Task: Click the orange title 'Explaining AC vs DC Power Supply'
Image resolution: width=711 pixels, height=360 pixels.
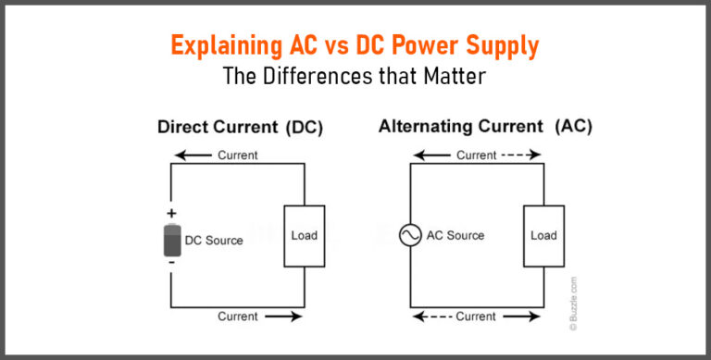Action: (355, 46)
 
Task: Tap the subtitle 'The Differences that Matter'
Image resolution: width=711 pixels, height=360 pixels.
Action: (355, 76)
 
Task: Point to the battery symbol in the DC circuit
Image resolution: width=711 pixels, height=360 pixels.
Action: (171, 240)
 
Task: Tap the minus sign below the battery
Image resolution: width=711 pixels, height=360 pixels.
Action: (171, 265)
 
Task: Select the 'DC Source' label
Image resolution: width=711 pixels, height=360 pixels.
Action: (214, 241)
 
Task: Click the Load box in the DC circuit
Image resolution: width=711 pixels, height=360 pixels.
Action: (304, 235)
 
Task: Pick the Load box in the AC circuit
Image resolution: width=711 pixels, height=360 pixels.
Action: (543, 235)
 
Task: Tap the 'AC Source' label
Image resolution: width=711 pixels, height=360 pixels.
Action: (455, 235)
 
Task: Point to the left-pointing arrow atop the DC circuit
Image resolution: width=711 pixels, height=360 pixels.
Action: (195, 155)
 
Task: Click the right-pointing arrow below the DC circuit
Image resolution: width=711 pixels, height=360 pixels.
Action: (282, 317)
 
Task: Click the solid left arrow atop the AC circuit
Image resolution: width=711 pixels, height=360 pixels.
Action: (431, 155)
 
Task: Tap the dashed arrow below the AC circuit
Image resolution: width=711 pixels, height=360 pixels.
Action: (431, 317)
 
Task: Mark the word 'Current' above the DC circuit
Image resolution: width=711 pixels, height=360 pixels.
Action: (238, 155)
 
